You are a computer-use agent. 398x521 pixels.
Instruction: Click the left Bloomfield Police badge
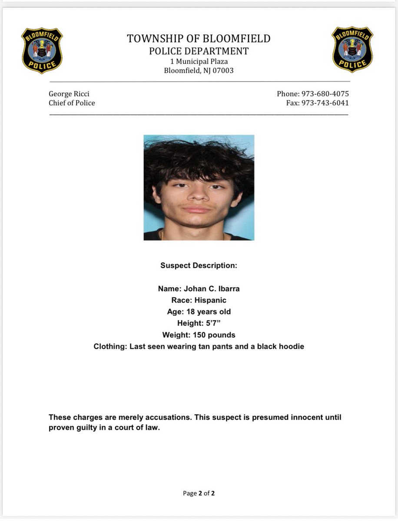tap(42, 50)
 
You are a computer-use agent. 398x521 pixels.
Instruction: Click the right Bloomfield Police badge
tap(352, 49)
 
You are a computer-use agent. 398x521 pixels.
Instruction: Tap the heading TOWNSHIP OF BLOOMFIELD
tap(199, 39)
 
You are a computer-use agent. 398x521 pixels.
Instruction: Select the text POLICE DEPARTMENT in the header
tap(199, 51)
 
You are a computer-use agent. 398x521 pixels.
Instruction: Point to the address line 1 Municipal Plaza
tap(199, 61)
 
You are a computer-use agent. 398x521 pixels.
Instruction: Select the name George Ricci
tap(69, 94)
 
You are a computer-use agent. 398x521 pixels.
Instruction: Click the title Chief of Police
tap(72, 103)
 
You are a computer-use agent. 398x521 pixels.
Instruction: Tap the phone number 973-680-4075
tap(325, 94)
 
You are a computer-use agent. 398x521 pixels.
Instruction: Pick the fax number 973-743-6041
tap(325, 103)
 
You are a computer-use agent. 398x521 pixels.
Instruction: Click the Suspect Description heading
tap(199, 265)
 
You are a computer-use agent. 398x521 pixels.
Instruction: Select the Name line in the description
tap(199, 289)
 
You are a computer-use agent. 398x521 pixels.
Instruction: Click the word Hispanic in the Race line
tap(210, 300)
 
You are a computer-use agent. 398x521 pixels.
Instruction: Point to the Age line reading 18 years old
tap(199, 312)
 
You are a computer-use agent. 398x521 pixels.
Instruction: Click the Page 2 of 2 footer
tap(199, 493)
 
